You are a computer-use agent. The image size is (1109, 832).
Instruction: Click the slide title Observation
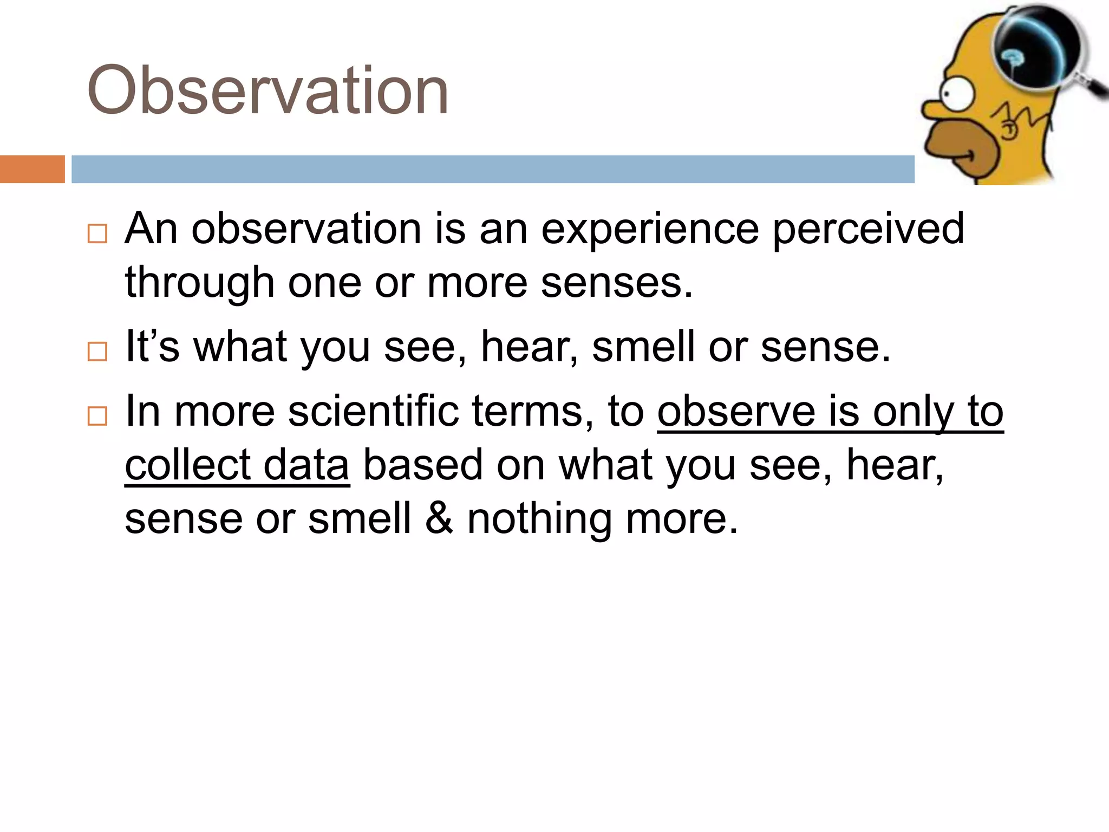coord(268,91)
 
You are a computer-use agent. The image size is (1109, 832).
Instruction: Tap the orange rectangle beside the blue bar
coord(32,169)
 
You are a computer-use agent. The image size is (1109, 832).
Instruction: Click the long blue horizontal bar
coord(493,169)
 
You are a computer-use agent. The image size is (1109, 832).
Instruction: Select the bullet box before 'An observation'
coord(97,233)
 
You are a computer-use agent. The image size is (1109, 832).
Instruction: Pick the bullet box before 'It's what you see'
coord(97,352)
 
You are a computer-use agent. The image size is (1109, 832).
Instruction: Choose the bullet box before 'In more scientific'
coord(97,416)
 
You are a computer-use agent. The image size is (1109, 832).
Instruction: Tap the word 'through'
coord(199,283)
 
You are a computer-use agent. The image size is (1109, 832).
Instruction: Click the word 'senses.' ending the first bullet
coord(617,283)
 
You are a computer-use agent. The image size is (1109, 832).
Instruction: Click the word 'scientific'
coord(374,411)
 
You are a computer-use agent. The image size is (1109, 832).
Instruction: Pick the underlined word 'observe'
coord(736,411)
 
